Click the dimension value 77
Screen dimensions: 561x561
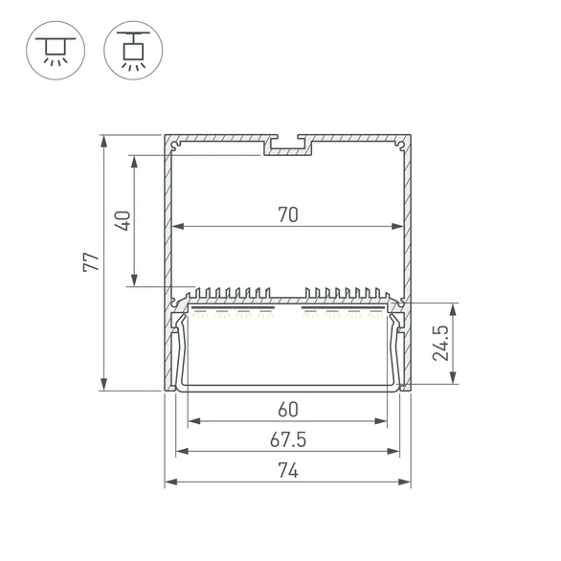click(91, 262)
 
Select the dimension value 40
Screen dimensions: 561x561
click(123, 221)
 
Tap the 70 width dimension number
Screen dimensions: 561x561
click(288, 215)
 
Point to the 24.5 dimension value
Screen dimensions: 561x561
click(440, 343)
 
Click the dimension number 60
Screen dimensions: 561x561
click(288, 410)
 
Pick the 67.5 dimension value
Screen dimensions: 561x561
click(288, 440)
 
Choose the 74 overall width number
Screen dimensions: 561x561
click(288, 471)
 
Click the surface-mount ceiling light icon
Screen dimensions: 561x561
click(56, 51)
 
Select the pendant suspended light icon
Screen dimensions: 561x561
click(133, 51)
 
